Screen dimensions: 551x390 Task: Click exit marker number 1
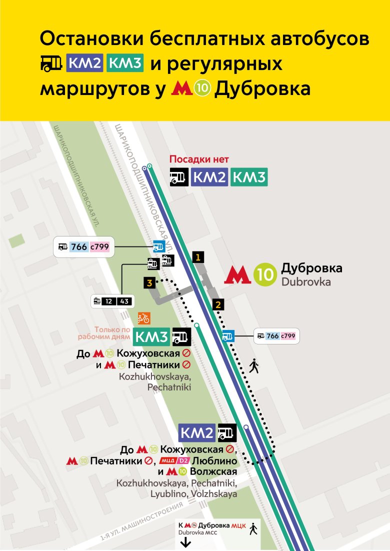198,257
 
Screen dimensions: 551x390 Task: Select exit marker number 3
149,283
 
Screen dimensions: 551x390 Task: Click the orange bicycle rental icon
143,318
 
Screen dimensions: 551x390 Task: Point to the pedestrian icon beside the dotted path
254,366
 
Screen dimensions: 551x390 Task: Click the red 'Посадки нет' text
199,159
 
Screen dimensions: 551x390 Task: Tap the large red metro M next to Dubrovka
237,275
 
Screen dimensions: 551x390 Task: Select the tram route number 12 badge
109,301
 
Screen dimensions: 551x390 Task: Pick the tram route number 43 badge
124,301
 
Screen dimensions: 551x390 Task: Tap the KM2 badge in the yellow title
84,63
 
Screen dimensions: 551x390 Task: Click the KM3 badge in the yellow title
125,63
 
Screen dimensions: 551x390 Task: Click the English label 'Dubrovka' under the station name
305,282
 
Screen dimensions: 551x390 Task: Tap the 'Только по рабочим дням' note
111,333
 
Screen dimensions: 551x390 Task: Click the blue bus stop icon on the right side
228,336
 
